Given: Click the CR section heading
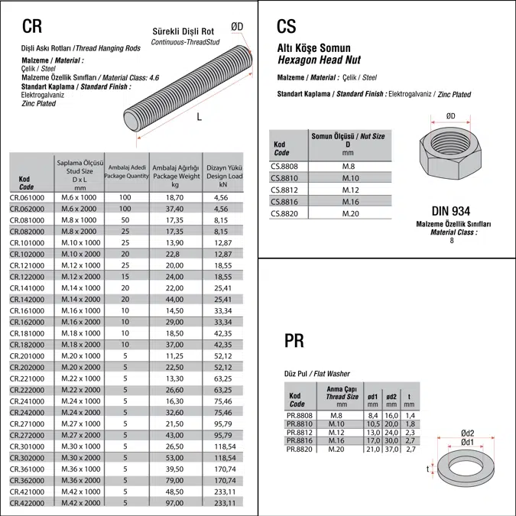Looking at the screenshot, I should pos(31,27).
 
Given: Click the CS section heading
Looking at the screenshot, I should pos(286,27).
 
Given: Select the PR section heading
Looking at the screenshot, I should pos(294,340).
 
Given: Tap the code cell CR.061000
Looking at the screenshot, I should pos(28,196).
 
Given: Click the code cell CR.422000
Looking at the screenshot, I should pos(28,503).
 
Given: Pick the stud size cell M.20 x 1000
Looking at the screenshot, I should pos(80,355).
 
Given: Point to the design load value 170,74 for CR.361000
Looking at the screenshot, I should pos(222,468).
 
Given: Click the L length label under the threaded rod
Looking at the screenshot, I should pos(199,117).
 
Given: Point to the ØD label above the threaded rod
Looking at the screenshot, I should pos(237,27).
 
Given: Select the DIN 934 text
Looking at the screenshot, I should pos(451,211).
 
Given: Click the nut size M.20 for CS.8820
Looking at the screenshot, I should pos(349,213).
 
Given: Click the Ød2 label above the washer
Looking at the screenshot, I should pos(468,433).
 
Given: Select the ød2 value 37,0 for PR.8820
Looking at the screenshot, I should pos(391,449).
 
